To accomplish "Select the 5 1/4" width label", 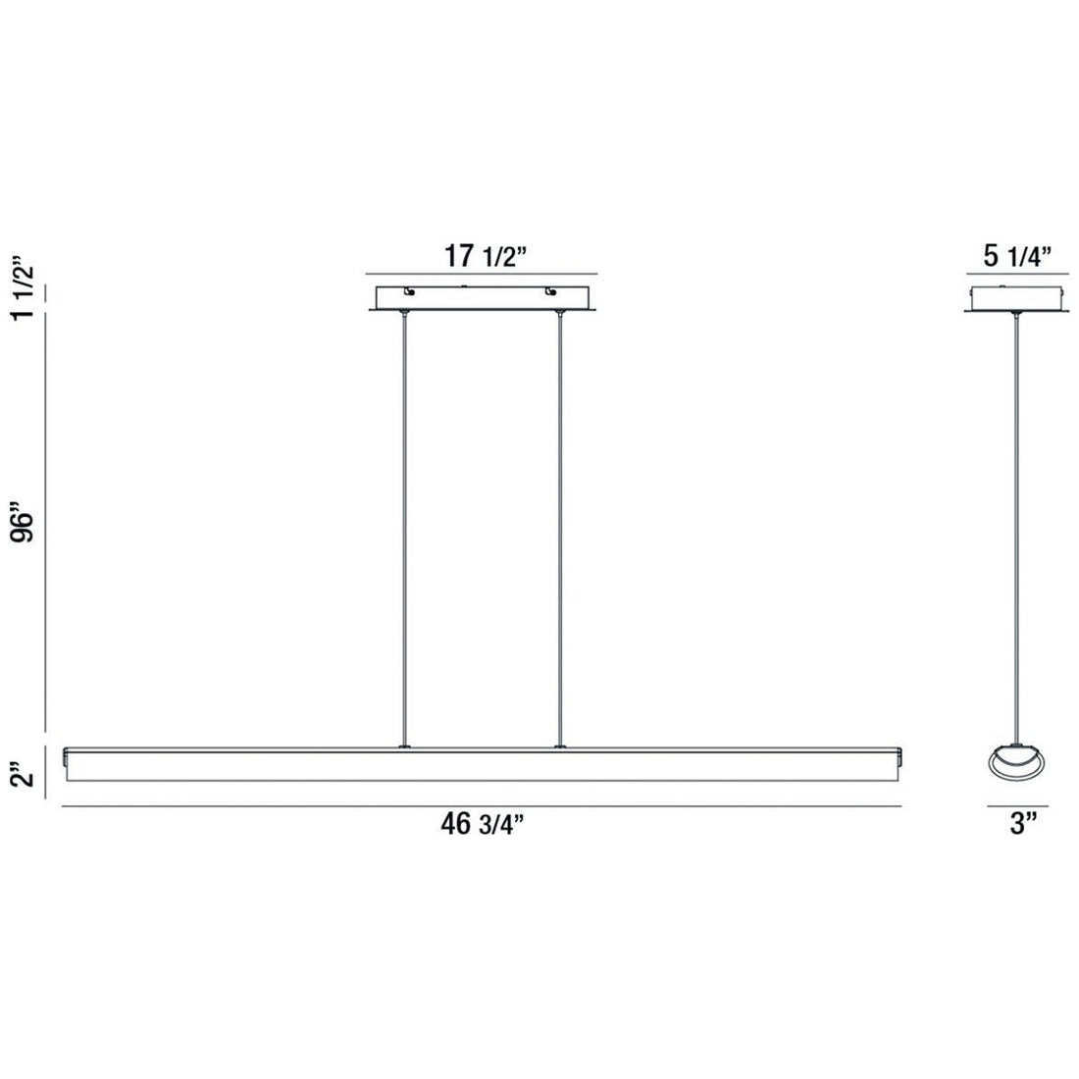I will pos(1017,257).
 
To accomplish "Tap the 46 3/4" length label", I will pos(481,825).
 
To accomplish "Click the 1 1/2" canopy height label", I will pos(26,286).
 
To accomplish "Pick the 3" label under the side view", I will pos(1017,825).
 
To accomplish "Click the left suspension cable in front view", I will pos(404,530).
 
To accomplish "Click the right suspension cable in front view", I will pos(559,530).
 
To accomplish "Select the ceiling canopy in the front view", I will pos(481,298).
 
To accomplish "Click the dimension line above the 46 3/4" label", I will pos(481,805).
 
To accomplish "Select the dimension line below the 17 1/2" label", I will pos(481,273).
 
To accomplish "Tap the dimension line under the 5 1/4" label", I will pos(1017,273).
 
